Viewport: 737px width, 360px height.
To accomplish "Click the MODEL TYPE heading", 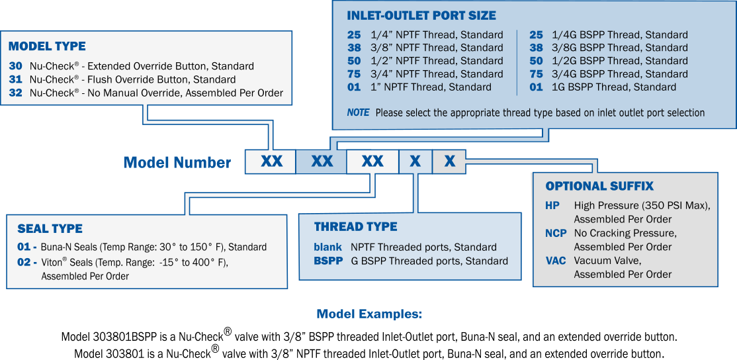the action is click(47, 46).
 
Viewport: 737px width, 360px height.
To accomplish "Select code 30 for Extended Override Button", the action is click(15, 66).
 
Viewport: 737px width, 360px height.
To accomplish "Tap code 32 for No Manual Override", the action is click(15, 93).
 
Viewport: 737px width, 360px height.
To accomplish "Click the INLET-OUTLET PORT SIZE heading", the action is click(421, 15).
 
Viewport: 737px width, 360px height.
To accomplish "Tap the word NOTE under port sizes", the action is click(358, 112).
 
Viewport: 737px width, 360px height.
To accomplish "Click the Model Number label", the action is click(177, 163).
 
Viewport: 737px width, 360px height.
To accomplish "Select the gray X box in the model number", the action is click(449, 161).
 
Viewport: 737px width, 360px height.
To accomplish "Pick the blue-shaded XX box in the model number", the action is click(322, 161).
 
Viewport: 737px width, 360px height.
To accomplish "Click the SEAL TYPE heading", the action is click(50, 229).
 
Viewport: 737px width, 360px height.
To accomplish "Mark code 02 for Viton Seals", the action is click(27, 262).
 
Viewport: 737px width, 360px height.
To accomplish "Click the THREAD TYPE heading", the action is click(356, 227).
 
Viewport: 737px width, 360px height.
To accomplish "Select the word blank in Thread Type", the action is click(327, 247).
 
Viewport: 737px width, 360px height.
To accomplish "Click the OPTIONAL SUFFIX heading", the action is click(599, 186).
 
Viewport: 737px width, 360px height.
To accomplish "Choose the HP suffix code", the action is click(553, 205).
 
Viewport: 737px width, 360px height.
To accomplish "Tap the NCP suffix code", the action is click(556, 233).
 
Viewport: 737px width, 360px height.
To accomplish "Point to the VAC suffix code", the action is click(556, 260).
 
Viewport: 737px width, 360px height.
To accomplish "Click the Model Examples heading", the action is click(369, 314).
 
